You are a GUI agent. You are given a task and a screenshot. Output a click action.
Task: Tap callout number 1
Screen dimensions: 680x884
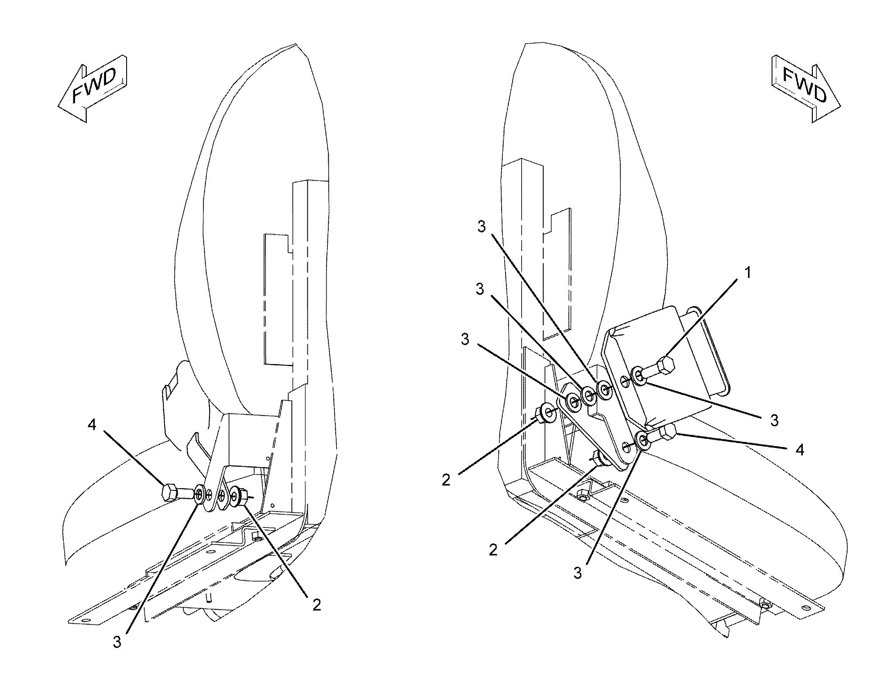pos(748,273)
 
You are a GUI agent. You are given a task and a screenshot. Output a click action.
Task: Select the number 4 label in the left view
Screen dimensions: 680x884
pos(92,424)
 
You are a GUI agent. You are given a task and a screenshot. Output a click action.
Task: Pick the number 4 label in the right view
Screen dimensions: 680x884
pos(799,450)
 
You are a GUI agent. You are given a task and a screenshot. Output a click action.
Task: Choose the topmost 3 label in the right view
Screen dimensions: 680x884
pos(482,227)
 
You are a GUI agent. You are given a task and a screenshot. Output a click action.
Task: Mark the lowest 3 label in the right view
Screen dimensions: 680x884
pos(578,573)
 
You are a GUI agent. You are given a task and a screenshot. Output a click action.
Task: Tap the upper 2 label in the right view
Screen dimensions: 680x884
pos(446,480)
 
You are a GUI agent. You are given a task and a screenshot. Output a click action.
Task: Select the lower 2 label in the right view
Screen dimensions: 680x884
pos(493,549)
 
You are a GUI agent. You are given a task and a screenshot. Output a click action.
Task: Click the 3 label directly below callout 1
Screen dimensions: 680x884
pos(774,420)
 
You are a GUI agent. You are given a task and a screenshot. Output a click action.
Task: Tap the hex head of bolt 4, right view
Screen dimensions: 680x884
pos(668,432)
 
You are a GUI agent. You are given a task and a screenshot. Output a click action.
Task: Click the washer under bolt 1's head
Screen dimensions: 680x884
pos(638,375)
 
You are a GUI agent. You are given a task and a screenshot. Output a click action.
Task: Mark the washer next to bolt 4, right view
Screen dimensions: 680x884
pos(643,441)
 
